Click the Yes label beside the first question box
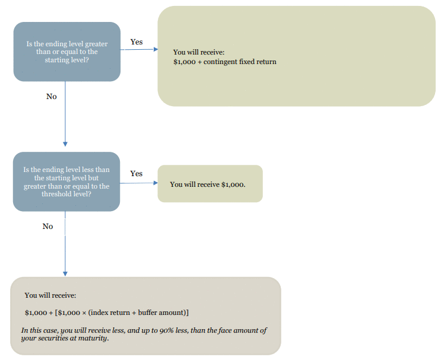click(x=137, y=42)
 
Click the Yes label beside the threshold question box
click(x=137, y=174)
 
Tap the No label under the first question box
click(x=52, y=97)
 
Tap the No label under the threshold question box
click(x=48, y=226)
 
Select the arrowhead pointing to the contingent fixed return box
click(x=156, y=49)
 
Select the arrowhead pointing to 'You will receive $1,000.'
click(x=156, y=183)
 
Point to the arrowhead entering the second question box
click(x=65, y=144)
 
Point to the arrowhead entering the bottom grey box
click(x=65, y=274)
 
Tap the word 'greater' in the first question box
click(x=96, y=44)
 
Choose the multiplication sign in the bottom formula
click(x=84, y=313)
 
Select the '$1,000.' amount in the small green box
click(x=233, y=184)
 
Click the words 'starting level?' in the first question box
click(x=66, y=60)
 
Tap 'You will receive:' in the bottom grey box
click(x=50, y=295)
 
